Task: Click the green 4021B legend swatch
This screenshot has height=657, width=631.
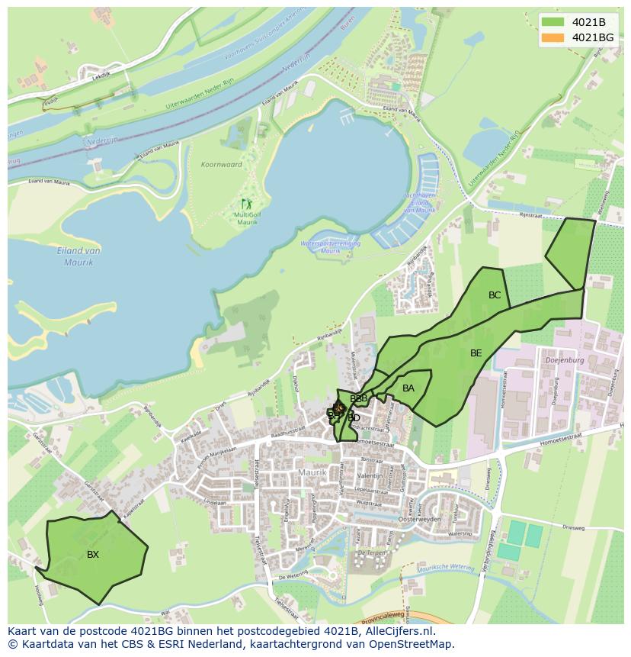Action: coord(553,21)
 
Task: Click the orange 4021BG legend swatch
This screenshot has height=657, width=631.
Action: coord(553,37)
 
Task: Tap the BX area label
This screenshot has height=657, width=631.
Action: coord(93,555)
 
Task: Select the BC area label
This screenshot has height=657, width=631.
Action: coord(495,295)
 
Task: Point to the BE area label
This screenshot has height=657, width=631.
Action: coord(476,353)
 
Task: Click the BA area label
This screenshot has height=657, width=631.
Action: coord(408,388)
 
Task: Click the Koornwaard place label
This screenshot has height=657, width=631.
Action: coord(221,165)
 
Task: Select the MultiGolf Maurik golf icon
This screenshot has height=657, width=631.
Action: coord(246,204)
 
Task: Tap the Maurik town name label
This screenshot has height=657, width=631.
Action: coord(312,473)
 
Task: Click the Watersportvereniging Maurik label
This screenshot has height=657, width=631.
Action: coord(330,246)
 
